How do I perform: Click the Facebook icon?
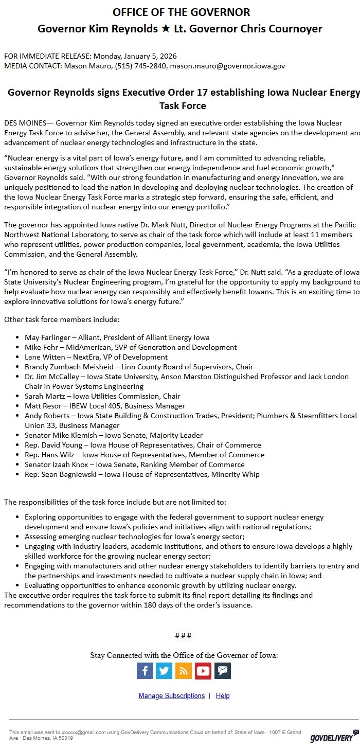(x=145, y=671)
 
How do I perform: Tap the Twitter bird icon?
(x=164, y=671)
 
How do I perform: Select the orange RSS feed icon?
(x=184, y=671)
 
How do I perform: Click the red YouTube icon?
(x=203, y=671)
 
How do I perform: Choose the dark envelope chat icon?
(x=222, y=671)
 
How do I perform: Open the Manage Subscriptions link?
(x=171, y=695)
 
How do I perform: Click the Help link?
(x=223, y=695)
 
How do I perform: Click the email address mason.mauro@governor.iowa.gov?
(x=227, y=66)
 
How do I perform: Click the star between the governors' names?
(x=165, y=29)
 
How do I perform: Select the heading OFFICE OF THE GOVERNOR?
(x=181, y=12)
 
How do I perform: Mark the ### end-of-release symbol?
(x=183, y=636)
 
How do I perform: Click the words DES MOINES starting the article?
(x=25, y=123)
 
